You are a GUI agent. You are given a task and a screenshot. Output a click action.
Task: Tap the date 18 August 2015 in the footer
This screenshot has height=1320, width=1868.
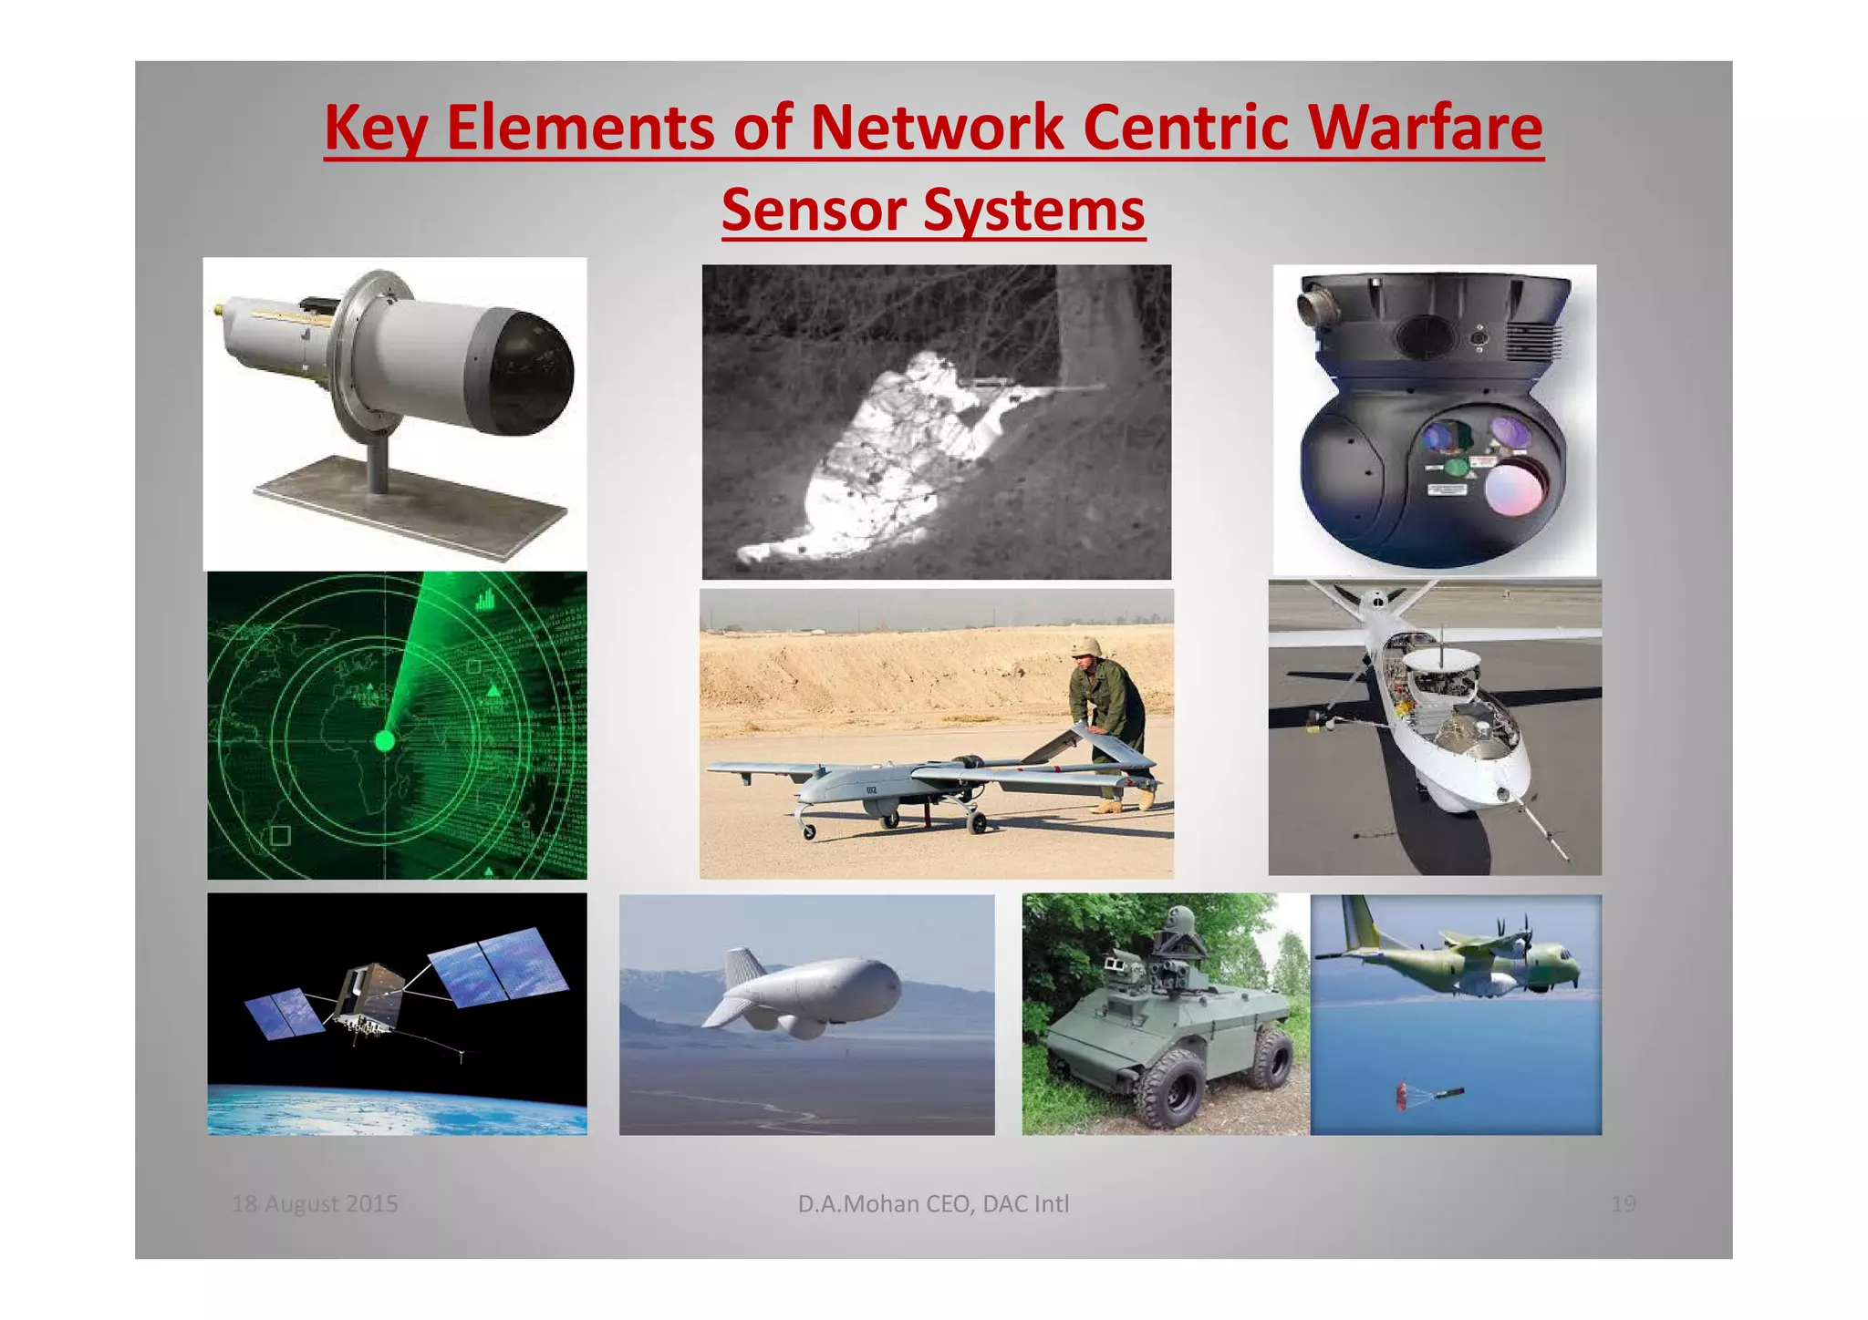315,1204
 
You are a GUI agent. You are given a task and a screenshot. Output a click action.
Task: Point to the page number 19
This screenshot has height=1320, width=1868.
1623,1204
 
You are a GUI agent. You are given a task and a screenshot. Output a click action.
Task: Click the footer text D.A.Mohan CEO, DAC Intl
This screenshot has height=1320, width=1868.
933,1204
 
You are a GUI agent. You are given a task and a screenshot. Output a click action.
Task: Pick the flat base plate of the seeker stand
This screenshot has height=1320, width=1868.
410,507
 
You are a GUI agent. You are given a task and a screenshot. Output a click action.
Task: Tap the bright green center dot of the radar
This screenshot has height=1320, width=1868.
385,740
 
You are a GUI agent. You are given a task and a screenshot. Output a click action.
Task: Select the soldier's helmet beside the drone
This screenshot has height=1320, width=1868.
1085,646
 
